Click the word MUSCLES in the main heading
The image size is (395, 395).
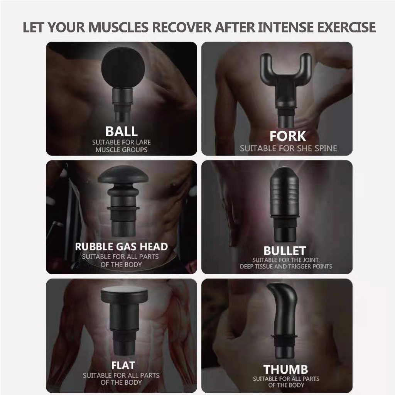[118, 27]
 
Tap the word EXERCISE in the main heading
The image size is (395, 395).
[346, 27]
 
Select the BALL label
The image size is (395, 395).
[122, 131]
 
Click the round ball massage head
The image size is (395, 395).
[123, 67]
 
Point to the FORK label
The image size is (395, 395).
[288, 136]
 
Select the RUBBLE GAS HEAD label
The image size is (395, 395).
[122, 246]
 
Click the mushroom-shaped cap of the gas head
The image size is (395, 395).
[123, 175]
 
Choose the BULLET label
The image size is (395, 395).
[285, 251]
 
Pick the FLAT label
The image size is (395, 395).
[123, 365]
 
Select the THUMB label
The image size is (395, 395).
[286, 370]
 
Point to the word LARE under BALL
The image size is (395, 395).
[143, 142]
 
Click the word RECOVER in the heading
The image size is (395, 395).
[182, 27]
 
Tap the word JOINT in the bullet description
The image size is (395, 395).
[312, 260]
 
